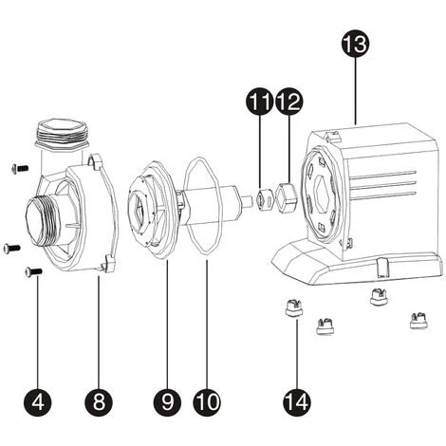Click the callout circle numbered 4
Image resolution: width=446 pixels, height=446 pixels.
click(38, 401)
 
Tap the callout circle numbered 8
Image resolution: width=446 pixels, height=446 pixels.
click(99, 401)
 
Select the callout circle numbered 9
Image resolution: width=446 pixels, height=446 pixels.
click(168, 401)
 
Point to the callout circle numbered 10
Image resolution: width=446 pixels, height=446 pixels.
click(206, 401)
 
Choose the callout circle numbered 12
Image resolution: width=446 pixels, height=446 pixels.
click(288, 99)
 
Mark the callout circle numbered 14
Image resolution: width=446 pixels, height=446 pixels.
click(298, 401)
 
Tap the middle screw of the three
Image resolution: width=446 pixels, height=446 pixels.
click(10, 248)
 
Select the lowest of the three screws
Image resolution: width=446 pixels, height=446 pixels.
click(33, 272)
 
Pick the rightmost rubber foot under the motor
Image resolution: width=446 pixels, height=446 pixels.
click(414, 321)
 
